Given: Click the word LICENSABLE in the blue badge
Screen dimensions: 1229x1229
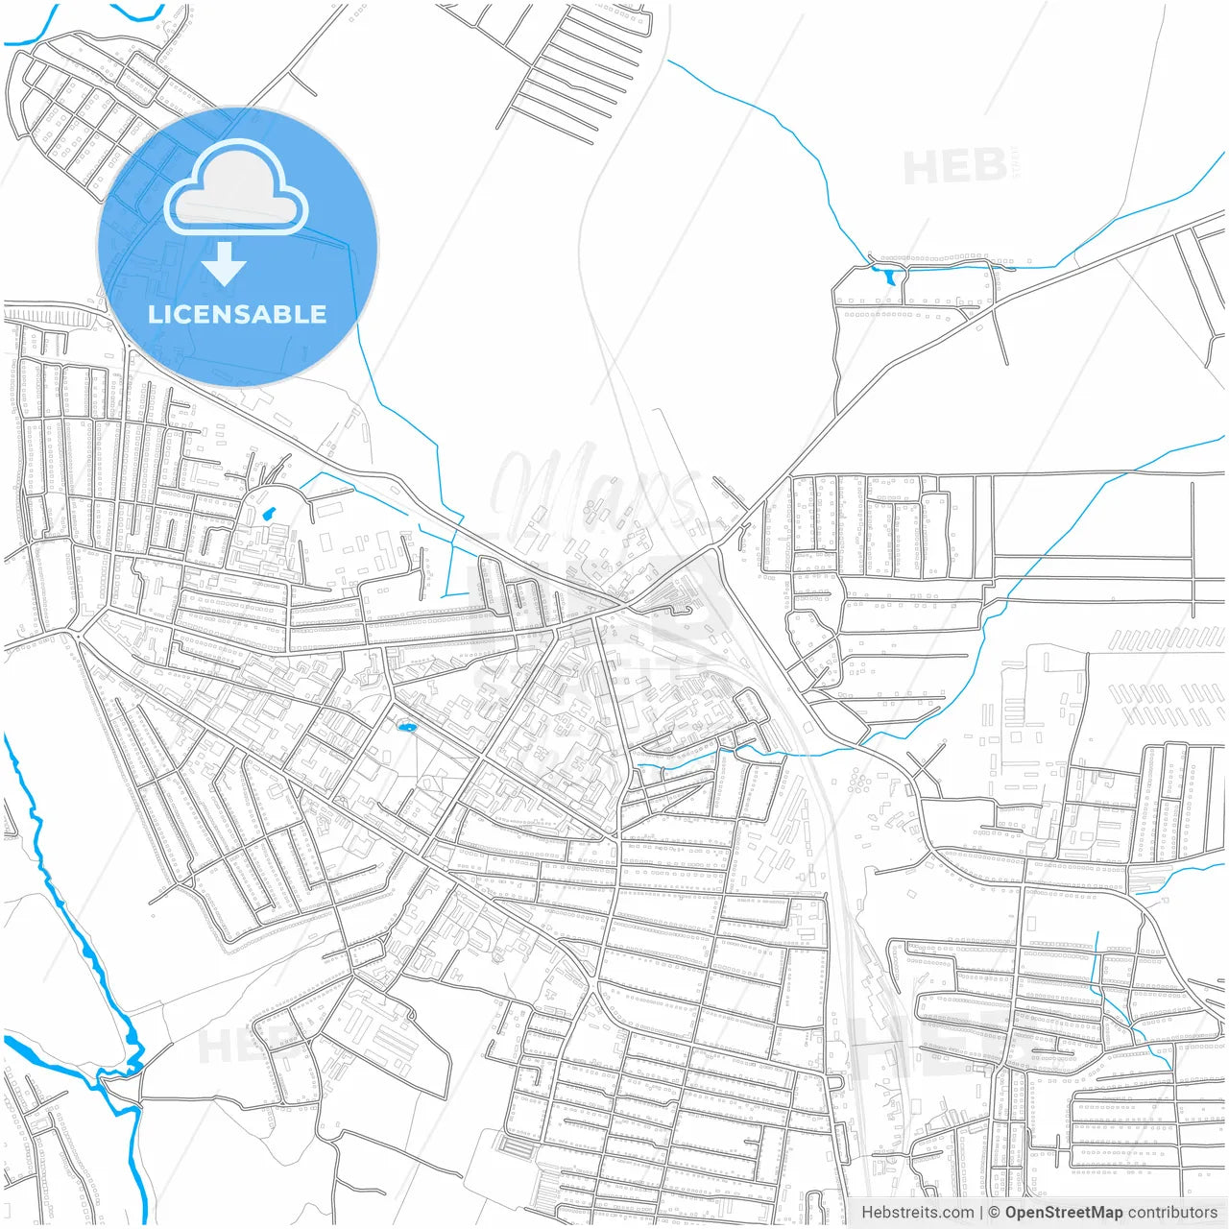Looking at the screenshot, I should [x=237, y=314].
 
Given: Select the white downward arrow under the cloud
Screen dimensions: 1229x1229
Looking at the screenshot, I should [x=224, y=264].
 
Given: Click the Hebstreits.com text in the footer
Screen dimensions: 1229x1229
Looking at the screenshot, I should [x=918, y=1213].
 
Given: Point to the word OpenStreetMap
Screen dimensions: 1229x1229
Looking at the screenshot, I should [x=1063, y=1213].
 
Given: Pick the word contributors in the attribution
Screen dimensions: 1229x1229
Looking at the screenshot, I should [x=1171, y=1213].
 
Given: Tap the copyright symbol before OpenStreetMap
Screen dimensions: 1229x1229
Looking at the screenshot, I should [x=995, y=1213].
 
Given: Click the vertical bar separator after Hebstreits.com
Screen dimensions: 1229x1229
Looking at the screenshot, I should [x=981, y=1213].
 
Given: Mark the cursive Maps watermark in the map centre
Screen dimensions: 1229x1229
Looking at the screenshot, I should [x=595, y=485].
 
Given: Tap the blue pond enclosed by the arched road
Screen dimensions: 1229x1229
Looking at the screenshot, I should [x=269, y=514].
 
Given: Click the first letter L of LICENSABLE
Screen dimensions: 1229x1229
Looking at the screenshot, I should [x=154, y=314].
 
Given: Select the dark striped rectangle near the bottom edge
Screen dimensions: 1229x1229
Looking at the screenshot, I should [x=516, y=1147].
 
